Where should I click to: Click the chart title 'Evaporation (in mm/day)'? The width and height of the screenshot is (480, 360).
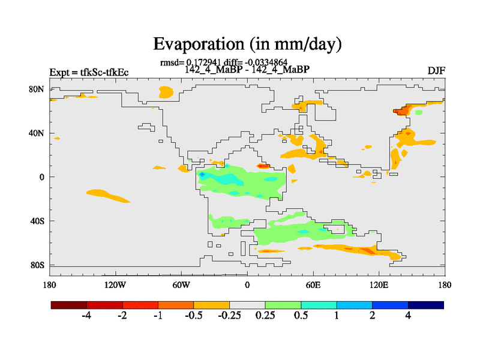[247, 44]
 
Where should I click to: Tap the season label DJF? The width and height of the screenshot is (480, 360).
[436, 71]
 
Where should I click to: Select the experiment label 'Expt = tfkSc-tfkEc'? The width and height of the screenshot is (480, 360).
[89, 73]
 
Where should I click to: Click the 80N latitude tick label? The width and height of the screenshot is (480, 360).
[37, 89]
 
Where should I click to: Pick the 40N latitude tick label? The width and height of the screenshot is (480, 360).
[37, 133]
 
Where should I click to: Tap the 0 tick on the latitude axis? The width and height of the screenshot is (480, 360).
[42, 177]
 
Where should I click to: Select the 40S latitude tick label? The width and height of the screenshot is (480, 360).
[37, 221]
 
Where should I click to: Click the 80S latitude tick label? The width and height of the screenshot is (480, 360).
[37, 265]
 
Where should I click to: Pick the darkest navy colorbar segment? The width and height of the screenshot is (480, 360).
[426, 305]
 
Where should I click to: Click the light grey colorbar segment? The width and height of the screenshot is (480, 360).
[247, 305]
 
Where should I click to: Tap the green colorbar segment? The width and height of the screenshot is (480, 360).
[283, 305]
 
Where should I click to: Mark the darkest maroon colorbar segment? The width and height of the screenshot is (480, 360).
[69, 305]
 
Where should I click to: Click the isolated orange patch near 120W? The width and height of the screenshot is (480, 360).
[108, 196]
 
